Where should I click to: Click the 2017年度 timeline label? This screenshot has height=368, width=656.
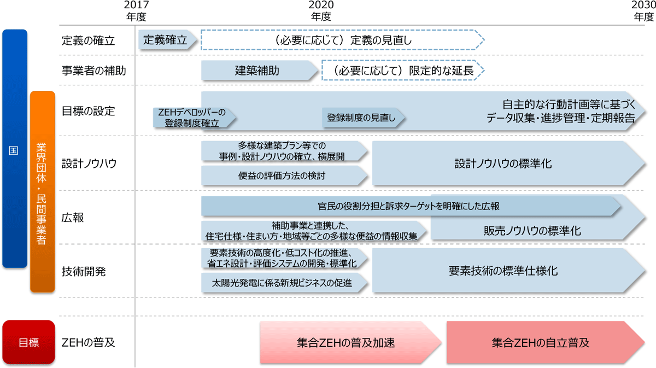(136, 11)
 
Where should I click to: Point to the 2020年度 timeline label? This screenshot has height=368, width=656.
(321, 11)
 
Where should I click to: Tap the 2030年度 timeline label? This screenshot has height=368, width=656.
(643, 11)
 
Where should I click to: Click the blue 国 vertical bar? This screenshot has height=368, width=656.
(15, 149)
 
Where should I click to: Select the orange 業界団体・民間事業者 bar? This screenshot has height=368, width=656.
(42, 191)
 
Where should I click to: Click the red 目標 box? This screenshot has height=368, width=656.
(29, 343)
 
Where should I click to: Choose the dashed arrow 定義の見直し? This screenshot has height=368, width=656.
(342, 40)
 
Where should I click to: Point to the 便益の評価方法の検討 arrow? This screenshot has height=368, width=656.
(284, 176)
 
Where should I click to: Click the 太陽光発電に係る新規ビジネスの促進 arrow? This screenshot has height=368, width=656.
(284, 282)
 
